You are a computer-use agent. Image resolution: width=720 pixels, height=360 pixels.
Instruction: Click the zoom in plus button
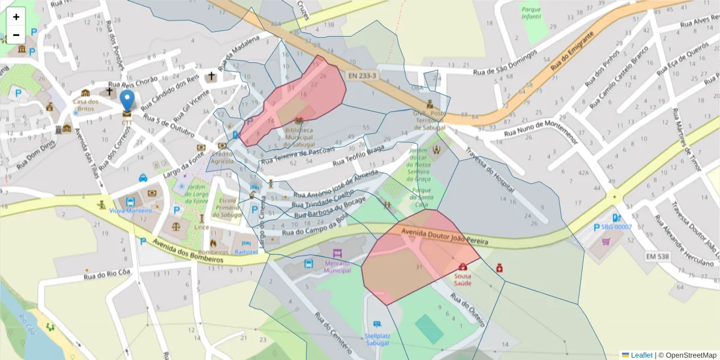pos(16,17)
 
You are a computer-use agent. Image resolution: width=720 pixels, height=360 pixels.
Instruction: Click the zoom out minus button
pos(16,35)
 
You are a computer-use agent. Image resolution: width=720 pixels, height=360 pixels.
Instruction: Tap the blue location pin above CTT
pos(127,100)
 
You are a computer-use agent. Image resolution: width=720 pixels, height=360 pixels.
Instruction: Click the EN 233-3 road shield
pos(362,76)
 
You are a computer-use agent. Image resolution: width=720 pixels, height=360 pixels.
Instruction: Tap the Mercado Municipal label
pos(337,266)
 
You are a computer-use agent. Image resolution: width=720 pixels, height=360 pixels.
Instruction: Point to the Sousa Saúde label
pos(462,279)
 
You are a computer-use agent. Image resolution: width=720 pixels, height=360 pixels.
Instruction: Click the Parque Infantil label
pos(531,13)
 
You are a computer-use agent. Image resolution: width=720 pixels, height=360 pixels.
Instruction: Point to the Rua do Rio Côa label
pos(107,276)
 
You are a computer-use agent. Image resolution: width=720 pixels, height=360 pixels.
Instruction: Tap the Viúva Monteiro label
pos(130,211)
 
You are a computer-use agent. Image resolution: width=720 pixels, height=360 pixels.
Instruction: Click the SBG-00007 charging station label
pos(617,227)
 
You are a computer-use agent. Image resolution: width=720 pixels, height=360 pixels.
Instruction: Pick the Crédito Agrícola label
pos(223,157)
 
